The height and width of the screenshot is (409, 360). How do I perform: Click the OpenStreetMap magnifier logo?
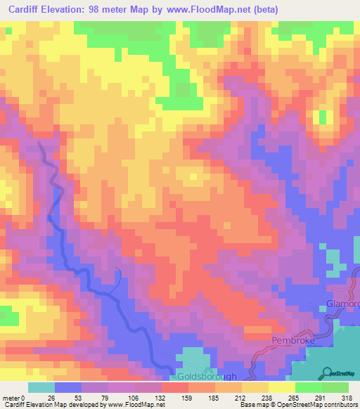tap(328, 373)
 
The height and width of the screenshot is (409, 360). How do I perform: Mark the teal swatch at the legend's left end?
tap(41, 387)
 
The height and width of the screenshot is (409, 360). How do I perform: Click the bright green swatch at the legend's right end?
tap(335, 387)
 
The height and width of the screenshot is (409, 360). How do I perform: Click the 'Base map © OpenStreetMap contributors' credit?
tap(299, 405)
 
